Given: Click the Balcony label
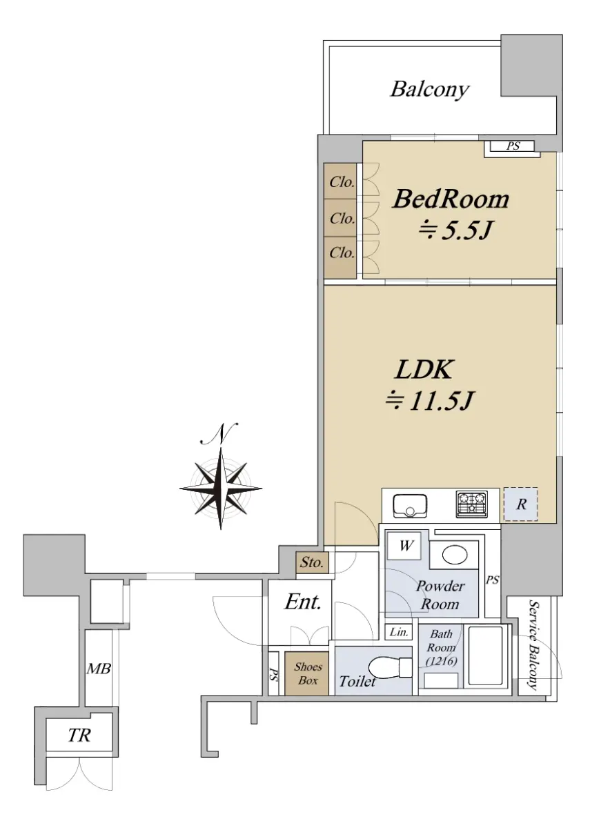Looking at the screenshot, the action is pos(430,90).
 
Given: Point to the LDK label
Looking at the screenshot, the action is pos(424,369).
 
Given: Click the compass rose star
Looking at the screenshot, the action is pos(221,489).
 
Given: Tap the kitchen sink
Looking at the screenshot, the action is pos(410,506).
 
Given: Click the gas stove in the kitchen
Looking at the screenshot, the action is pos(472,504).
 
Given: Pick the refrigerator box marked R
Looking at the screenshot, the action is pos(520,504).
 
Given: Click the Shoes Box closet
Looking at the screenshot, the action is pos(306,673).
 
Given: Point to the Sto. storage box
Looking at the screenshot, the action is pos(312,562).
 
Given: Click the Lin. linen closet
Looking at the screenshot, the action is pos(399,632).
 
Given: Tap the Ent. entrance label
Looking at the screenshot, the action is pos(302,602).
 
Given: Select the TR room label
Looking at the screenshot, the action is pos(79,736).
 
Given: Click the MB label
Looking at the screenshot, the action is pos(99,669).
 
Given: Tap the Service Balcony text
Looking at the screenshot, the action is pos(533,644).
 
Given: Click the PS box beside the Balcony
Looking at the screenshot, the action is pos(512,146).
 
